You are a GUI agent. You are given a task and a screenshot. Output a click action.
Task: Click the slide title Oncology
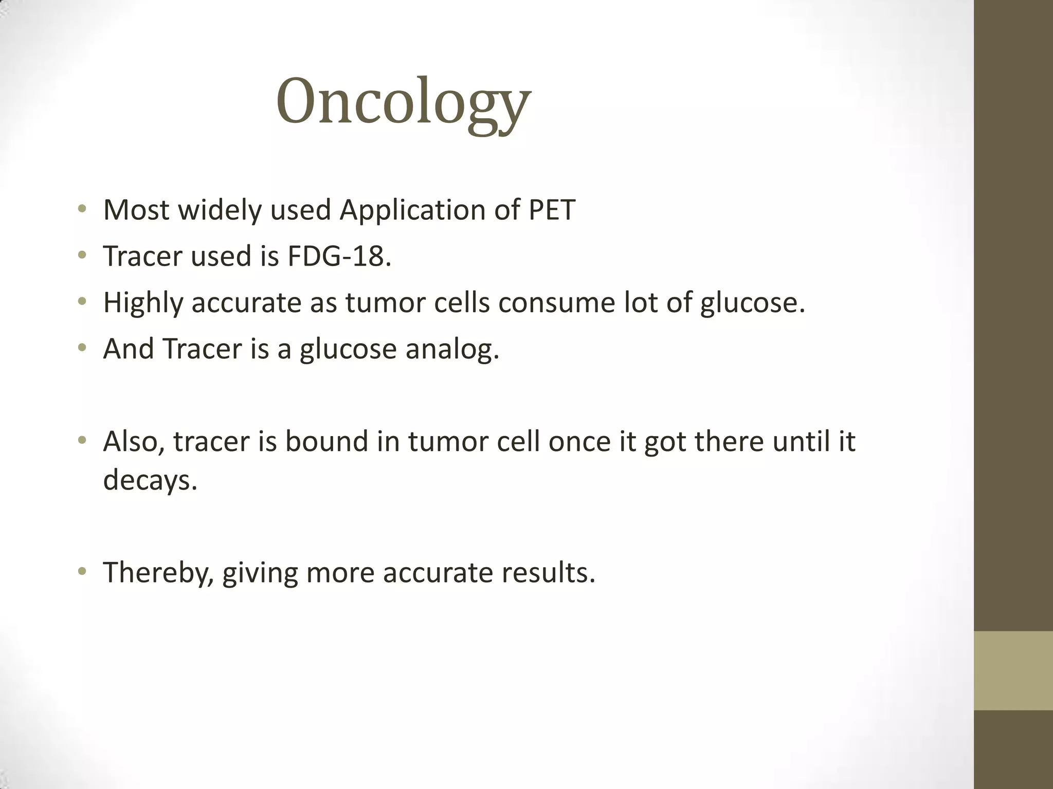click(403, 101)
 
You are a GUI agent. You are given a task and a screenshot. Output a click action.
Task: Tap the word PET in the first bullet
click(552, 210)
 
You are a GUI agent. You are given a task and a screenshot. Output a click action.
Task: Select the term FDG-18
click(339, 256)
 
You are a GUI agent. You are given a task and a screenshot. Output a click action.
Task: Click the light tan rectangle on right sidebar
click(1013, 670)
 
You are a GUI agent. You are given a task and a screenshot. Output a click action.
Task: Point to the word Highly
click(143, 302)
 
